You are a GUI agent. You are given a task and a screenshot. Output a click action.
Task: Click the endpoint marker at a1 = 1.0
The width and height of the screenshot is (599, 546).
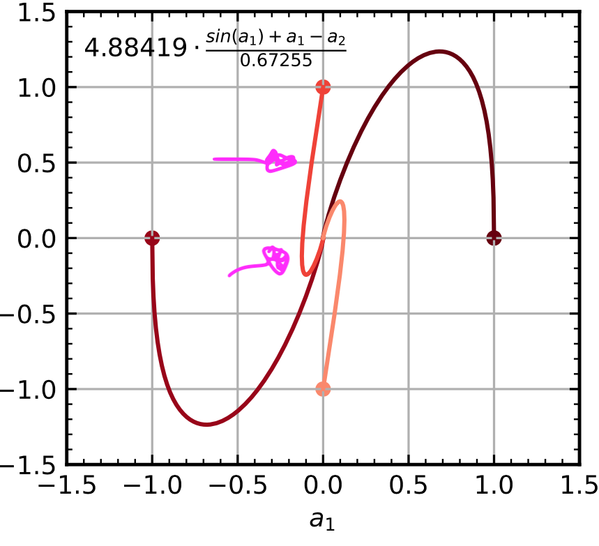coord(494,238)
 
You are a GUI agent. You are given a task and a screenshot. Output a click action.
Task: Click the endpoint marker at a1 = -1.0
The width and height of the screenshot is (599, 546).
coord(152,238)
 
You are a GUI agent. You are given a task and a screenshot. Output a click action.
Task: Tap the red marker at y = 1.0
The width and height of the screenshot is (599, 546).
coord(323,87)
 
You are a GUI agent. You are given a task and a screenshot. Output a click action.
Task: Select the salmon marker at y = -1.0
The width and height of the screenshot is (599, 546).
coord(323,389)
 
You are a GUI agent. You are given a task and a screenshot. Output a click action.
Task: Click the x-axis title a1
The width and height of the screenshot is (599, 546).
coord(323,520)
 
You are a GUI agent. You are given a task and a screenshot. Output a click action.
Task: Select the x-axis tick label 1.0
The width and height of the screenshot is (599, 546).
coord(494,485)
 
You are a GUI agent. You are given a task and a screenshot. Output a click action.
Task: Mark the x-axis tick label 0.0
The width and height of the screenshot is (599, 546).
coord(323,485)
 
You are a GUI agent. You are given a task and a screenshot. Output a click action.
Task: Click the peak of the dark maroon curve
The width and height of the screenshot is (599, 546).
coord(439,51)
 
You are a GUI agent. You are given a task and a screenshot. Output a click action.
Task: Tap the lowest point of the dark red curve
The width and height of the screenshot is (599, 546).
coord(206,425)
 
